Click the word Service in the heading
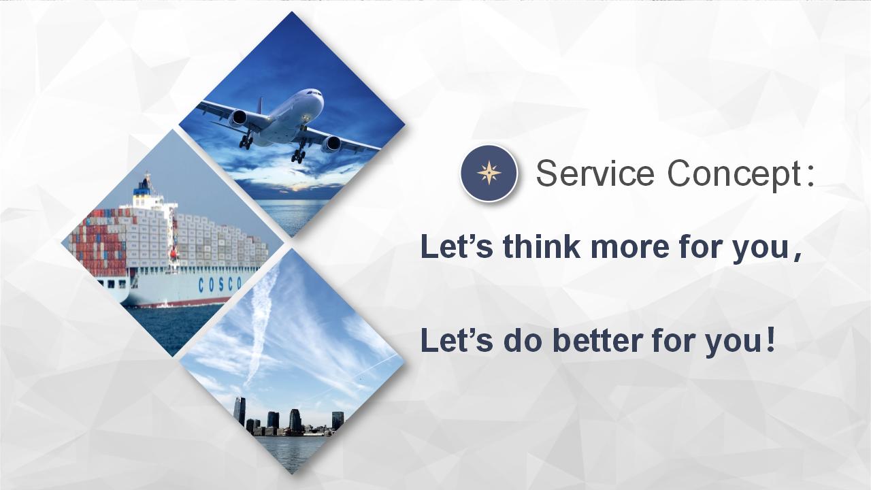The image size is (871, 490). tap(595, 174)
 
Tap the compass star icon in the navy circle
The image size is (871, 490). tap(489, 173)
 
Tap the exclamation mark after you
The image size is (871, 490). tap(771, 340)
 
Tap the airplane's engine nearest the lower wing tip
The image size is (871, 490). tap(331, 144)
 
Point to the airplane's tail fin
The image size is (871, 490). tap(260, 105)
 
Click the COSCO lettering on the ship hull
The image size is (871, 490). tap(220, 284)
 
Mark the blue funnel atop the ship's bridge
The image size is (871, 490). tap(142, 189)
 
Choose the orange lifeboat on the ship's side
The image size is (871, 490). tap(174, 255)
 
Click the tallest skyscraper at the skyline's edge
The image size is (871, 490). tap(240, 412)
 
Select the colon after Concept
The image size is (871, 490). tap(810, 178)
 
